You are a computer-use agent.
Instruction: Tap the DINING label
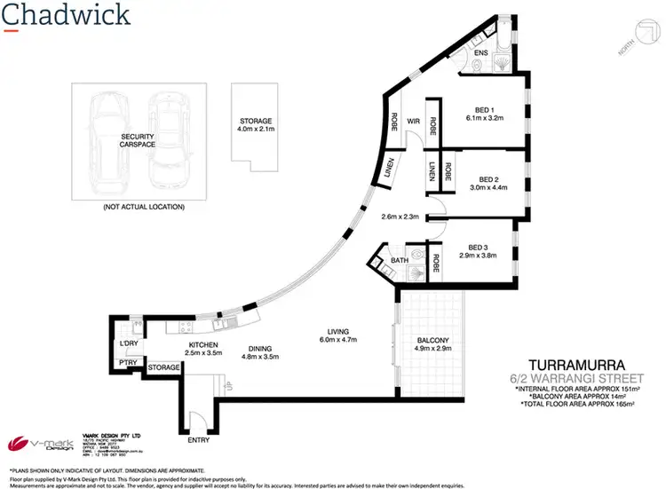pos(261,349)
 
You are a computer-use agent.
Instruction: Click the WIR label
pos(412,122)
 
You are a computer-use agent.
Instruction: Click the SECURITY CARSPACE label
pos(138,142)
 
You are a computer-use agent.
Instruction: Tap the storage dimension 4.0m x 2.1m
pos(255,130)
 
